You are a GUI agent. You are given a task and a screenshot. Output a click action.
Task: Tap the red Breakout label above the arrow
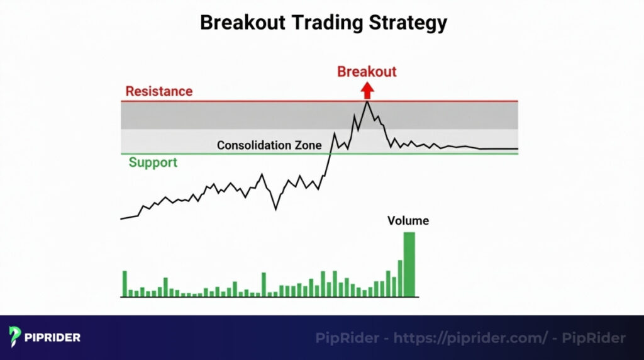(367, 71)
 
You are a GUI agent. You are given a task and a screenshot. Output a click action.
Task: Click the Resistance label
(158, 91)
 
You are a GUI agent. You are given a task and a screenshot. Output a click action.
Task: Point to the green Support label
(153, 162)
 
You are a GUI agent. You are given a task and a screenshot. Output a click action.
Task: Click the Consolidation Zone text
(269, 145)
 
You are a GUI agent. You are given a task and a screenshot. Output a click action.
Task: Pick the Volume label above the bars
(408, 221)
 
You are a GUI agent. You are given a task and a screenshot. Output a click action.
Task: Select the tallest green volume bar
(409, 264)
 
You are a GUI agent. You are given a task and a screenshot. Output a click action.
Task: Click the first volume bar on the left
(125, 283)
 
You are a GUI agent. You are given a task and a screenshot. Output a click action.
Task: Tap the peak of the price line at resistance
(367, 102)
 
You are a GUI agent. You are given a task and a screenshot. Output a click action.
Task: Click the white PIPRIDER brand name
(53, 337)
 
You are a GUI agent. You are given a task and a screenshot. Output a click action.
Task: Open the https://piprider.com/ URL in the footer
(470, 338)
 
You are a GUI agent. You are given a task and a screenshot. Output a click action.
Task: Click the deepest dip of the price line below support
(275, 209)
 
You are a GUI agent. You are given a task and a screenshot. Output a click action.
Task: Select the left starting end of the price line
(121, 218)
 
